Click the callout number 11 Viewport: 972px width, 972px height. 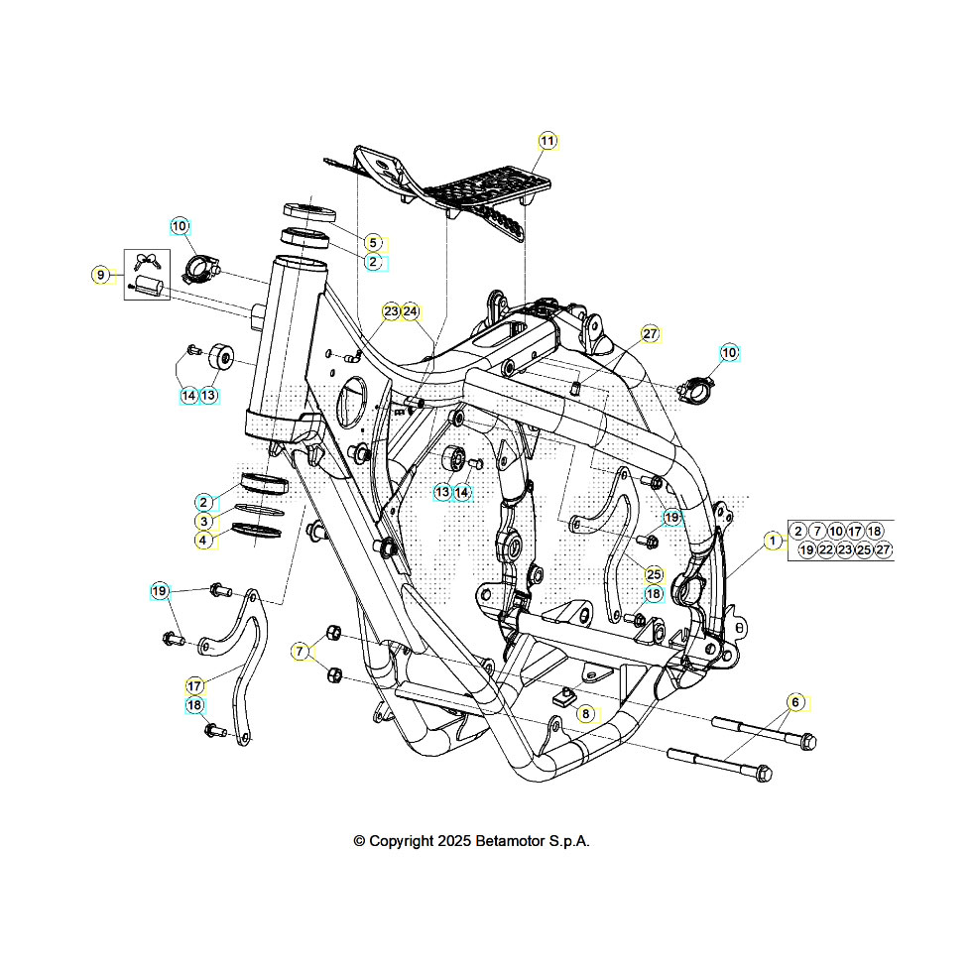coord(547,141)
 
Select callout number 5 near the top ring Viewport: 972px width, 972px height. coord(372,242)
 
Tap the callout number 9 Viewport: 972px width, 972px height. coord(100,275)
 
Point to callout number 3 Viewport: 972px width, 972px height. coord(202,522)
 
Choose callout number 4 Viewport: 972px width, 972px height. coord(202,541)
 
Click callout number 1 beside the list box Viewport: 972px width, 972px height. coord(772,541)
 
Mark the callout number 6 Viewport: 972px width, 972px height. coord(794,702)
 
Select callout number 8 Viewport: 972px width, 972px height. coord(585,713)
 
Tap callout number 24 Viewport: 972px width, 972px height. coord(411,311)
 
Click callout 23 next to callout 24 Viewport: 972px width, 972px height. coord(391,311)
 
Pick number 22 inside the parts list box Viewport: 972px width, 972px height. coord(826,549)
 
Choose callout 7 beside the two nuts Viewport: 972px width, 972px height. coord(300,652)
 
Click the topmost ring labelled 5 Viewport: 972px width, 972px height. coord(309,211)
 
